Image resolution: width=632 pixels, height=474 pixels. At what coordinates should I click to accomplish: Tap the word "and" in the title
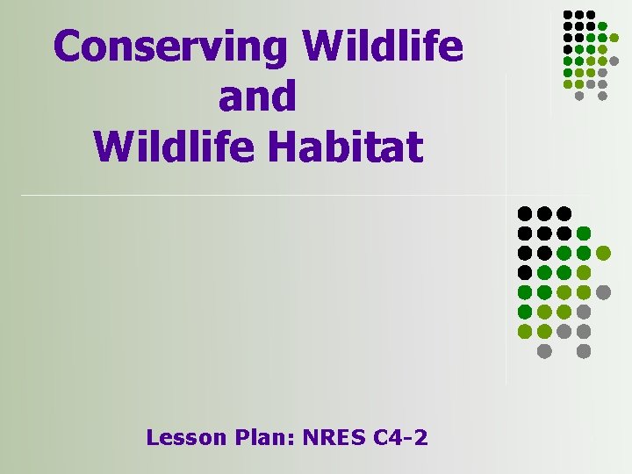[257, 97]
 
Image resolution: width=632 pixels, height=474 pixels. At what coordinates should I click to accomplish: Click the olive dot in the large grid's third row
[603, 253]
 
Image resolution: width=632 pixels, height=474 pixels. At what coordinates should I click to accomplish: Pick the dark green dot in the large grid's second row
[584, 233]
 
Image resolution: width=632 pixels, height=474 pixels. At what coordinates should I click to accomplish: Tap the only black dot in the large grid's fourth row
[525, 272]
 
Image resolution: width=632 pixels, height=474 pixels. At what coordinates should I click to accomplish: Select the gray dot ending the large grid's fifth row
[603, 291]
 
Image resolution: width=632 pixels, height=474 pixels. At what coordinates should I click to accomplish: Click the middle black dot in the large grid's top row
[544, 213]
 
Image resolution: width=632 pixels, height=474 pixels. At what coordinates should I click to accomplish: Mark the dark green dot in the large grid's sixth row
[525, 312]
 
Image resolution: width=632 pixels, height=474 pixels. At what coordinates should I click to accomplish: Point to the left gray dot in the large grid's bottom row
[544, 351]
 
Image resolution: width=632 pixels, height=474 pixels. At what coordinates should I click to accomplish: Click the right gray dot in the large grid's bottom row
[584, 351]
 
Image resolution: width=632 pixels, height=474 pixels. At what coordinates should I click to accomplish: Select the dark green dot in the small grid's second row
[602, 26]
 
